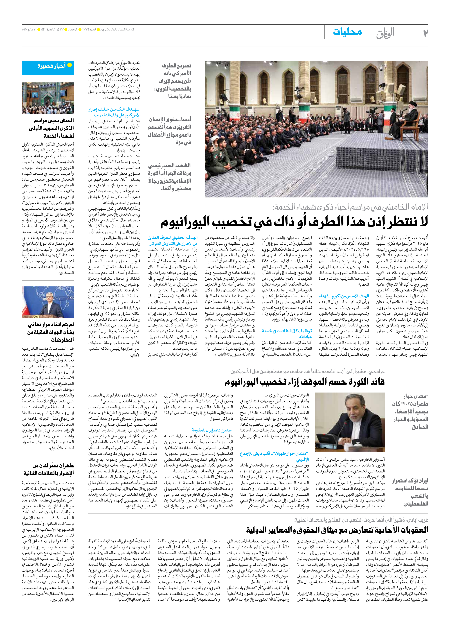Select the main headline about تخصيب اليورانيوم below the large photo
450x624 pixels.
(x=294, y=222)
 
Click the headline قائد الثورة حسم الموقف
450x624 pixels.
(x=305, y=382)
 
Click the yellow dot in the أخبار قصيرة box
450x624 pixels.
(x=70, y=65)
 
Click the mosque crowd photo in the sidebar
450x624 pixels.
(x=48, y=98)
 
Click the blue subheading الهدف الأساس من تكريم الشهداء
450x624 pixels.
(x=344, y=296)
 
